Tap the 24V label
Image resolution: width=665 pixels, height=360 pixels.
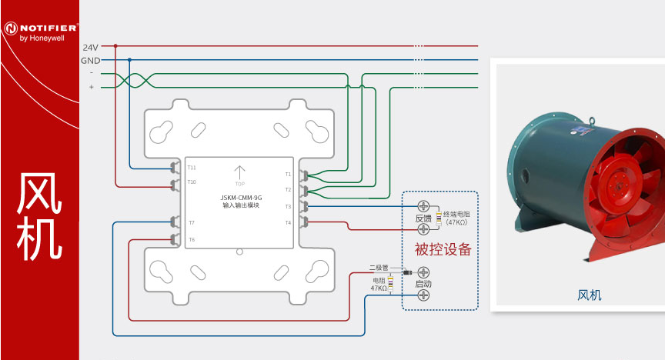90,47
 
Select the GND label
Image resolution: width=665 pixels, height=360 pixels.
90,60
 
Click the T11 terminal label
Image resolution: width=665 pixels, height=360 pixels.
192,167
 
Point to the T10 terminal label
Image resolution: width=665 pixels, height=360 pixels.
192,182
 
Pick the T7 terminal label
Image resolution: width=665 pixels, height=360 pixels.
192,222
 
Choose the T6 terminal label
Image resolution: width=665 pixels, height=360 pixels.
192,239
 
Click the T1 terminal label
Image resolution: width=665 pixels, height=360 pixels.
289,174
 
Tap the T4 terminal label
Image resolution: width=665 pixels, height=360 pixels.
289,222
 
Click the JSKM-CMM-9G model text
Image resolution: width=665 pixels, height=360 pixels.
240,198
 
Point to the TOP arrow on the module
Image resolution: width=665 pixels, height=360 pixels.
239,172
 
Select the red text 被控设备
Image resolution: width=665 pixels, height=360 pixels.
442,249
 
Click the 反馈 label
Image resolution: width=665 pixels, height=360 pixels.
423,218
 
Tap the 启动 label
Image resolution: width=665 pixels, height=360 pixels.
423,284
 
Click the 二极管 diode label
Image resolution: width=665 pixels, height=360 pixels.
377,268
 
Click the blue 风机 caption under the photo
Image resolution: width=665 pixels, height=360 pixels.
589,295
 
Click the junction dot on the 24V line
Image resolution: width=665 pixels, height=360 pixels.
115,46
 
